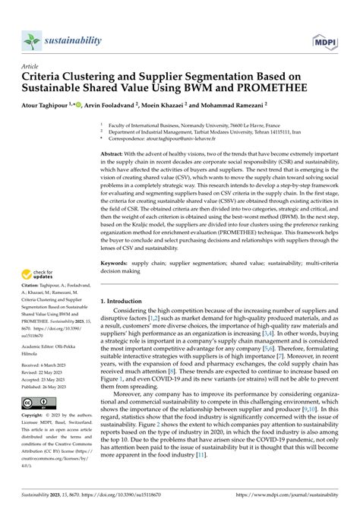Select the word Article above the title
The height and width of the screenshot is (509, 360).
[35, 66]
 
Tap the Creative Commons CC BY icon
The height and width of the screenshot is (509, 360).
[39, 403]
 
